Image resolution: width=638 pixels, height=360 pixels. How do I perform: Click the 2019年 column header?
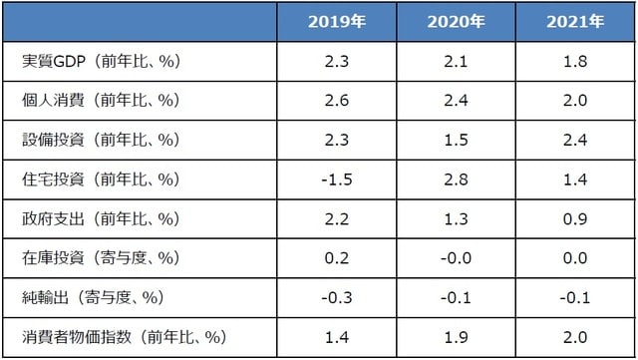tap(336, 22)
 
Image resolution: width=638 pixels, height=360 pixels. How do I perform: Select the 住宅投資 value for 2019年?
tap(336, 180)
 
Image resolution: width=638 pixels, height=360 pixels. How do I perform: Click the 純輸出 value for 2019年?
tap(336, 297)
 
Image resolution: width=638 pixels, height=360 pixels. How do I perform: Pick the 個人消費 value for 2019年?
tap(336, 101)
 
